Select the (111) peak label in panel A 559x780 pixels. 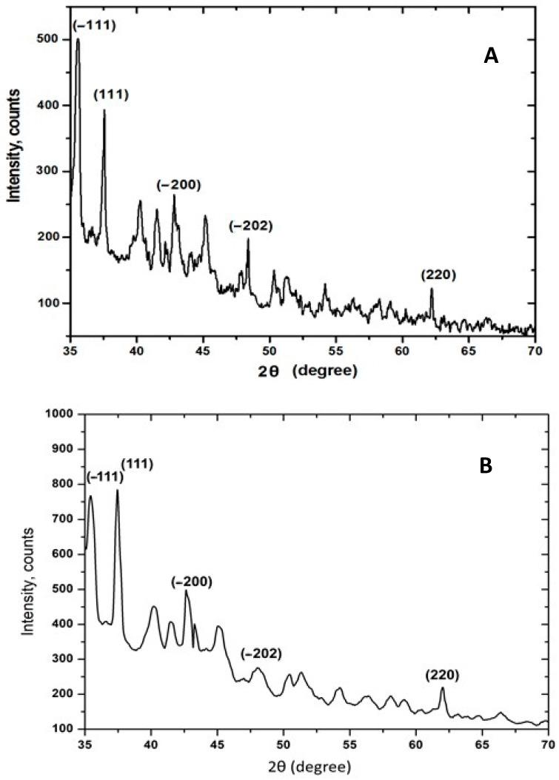click(111, 94)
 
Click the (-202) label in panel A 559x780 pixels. click(251, 225)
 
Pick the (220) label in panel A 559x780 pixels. click(438, 275)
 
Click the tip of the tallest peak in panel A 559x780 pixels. click(78, 39)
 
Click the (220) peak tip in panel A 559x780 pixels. click(431, 289)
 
